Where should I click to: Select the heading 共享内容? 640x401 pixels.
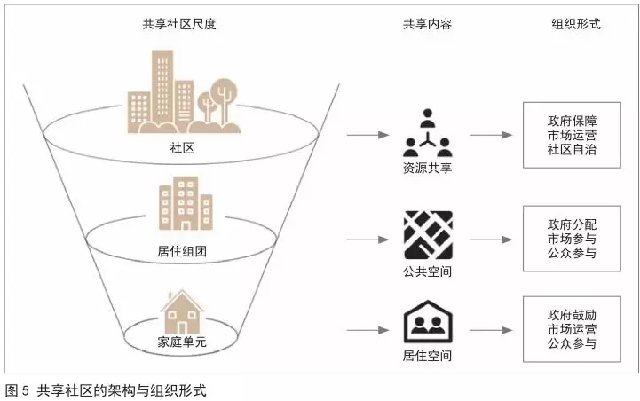tap(427, 25)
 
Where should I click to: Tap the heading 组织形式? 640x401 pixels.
tap(576, 25)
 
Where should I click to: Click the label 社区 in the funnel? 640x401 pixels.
tap(180, 147)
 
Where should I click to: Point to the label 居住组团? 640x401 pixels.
tap(180, 252)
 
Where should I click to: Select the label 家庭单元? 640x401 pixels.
tap(180, 341)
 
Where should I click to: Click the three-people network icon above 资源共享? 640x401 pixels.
tap(427, 133)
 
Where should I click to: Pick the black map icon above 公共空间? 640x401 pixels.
tap(427, 235)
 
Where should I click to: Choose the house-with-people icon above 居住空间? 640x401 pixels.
tap(427, 323)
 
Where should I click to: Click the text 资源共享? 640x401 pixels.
tap(427, 168)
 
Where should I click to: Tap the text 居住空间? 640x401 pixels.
tap(427, 357)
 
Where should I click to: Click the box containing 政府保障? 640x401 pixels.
tap(572, 136)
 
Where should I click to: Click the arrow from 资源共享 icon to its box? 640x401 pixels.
tap(491, 136)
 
